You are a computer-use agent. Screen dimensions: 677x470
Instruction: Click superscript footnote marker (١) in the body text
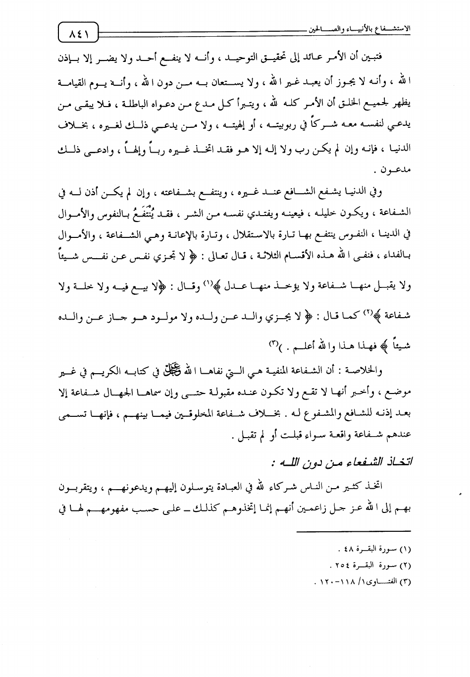coord(208,283)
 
